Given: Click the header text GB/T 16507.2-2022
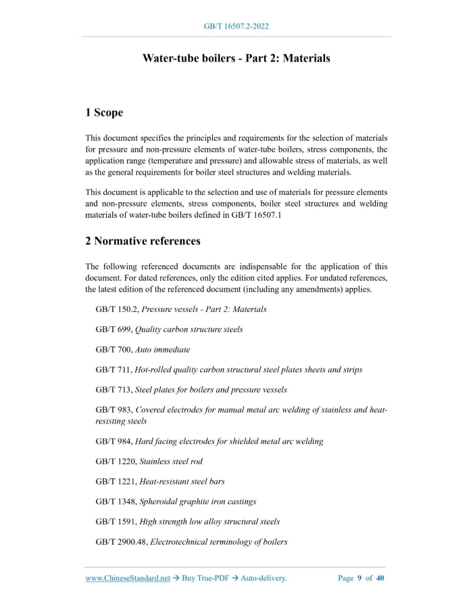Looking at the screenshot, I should click(236, 26).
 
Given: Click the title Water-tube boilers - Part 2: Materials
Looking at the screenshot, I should click(236, 58).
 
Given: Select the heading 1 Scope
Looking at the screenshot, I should click(104, 112).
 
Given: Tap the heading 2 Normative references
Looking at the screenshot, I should click(143, 241).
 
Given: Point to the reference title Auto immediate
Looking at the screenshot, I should click(162, 350).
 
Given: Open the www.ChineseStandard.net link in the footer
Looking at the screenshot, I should click(128, 578).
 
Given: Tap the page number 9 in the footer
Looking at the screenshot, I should click(359, 578).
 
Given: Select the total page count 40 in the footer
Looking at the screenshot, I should click(380, 578).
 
